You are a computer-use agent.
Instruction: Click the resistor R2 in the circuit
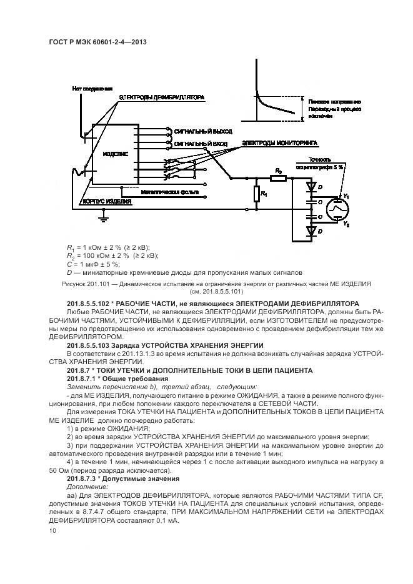(x=279, y=178)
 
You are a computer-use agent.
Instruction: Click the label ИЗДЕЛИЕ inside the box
(x=116, y=153)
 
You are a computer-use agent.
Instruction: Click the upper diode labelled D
(x=310, y=187)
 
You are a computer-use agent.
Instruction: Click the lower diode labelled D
(x=310, y=230)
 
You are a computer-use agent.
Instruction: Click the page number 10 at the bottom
(x=51, y=531)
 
